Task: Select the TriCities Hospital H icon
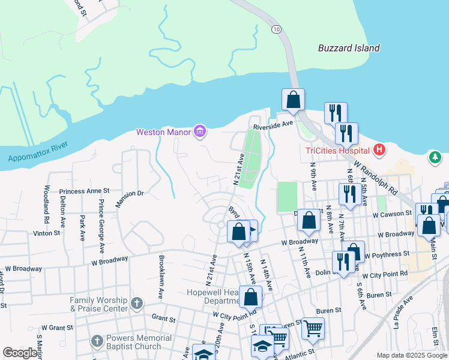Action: coord(379,149)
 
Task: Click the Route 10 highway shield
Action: coord(276,29)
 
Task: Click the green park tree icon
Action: coord(435,157)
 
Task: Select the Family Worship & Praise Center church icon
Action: coord(137,304)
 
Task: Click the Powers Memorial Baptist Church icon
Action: coord(97,341)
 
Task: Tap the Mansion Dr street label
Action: coord(130,197)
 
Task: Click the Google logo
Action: coord(20,353)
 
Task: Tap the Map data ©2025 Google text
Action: coord(412,355)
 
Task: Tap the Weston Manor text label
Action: coord(164,132)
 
